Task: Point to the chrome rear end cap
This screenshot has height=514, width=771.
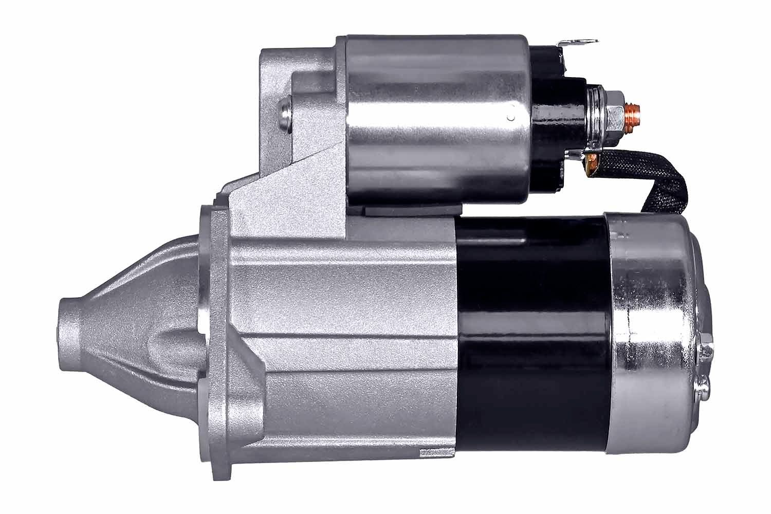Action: (653, 329)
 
